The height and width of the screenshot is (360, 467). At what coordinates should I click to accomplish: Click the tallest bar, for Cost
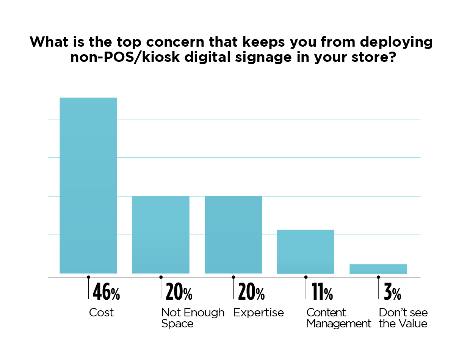tap(88, 186)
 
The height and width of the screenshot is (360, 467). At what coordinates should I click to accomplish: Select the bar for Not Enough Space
tap(161, 235)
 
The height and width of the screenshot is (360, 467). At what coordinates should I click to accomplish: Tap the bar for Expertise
tap(233, 235)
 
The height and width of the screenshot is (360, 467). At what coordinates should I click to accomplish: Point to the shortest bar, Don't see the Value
tap(378, 269)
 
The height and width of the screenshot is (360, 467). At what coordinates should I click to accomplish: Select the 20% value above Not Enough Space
tap(179, 292)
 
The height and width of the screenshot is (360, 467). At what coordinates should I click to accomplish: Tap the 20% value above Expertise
tap(251, 292)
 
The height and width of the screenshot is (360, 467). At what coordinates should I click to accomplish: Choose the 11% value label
tap(322, 292)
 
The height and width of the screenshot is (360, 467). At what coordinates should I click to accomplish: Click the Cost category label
tap(101, 313)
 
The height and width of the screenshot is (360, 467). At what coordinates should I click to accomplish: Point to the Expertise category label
tap(259, 313)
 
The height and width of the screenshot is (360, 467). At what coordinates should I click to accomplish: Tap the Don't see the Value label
tap(403, 318)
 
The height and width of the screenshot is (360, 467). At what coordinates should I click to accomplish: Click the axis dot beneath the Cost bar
tap(88, 277)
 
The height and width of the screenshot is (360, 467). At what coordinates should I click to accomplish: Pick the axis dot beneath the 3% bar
tap(378, 277)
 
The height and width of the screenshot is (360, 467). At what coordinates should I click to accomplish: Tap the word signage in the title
tap(270, 58)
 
